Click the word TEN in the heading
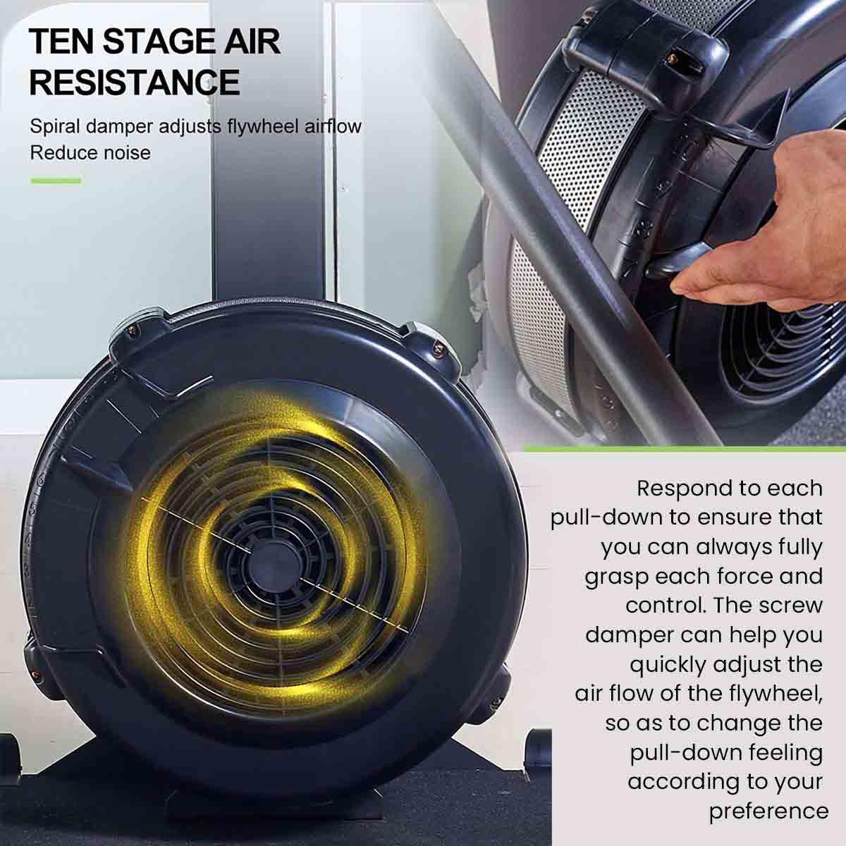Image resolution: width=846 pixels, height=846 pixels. [x=61, y=42]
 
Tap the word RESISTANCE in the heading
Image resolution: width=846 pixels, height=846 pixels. [x=135, y=82]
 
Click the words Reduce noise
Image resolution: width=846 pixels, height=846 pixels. [x=90, y=153]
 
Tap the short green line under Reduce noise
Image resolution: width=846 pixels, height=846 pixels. [x=56, y=180]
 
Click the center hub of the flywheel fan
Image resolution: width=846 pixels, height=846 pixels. [x=275, y=563]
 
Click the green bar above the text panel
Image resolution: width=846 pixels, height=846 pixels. [x=685, y=448]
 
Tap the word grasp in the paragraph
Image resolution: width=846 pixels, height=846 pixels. [x=616, y=577]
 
